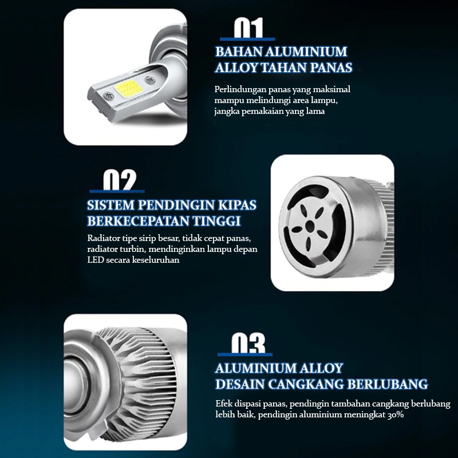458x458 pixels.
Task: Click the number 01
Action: [248, 27]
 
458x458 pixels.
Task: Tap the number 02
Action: [120, 180]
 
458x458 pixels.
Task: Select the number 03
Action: [248, 343]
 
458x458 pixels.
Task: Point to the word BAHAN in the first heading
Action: [239, 52]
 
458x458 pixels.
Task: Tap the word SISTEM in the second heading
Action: [110, 205]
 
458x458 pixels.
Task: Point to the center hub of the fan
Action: [310, 226]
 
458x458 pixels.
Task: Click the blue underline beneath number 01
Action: [247, 39]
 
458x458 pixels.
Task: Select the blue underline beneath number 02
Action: [117, 191]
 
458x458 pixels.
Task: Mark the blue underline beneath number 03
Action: [245, 354]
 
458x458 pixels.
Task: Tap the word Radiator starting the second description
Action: [104, 238]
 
